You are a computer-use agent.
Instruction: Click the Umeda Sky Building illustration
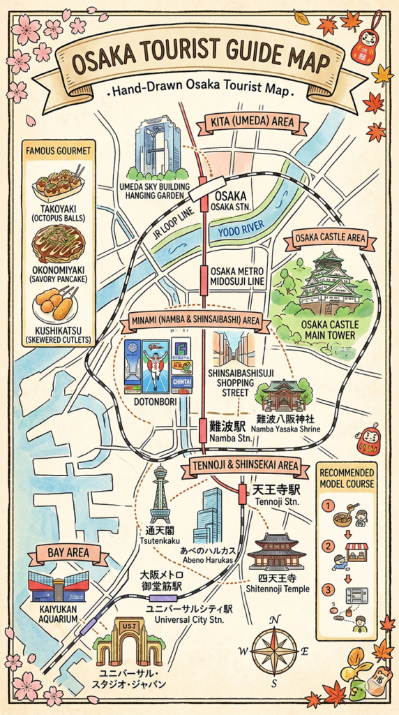(x=158, y=147)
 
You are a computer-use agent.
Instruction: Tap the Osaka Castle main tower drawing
(x=328, y=283)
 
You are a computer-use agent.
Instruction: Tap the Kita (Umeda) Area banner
(x=253, y=125)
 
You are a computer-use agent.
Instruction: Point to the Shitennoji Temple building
(x=276, y=551)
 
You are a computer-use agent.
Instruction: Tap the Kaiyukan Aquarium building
(x=59, y=586)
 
